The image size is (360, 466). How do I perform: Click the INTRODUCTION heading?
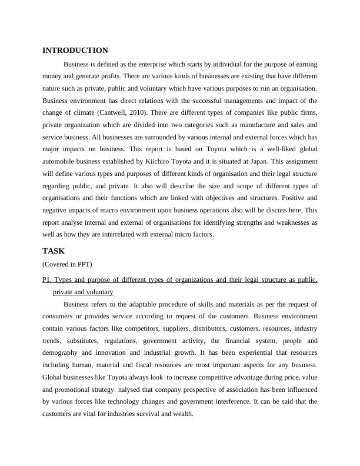(x=75, y=51)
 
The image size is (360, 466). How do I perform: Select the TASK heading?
(x=54, y=251)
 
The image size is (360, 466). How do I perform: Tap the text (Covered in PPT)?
(x=68, y=264)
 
